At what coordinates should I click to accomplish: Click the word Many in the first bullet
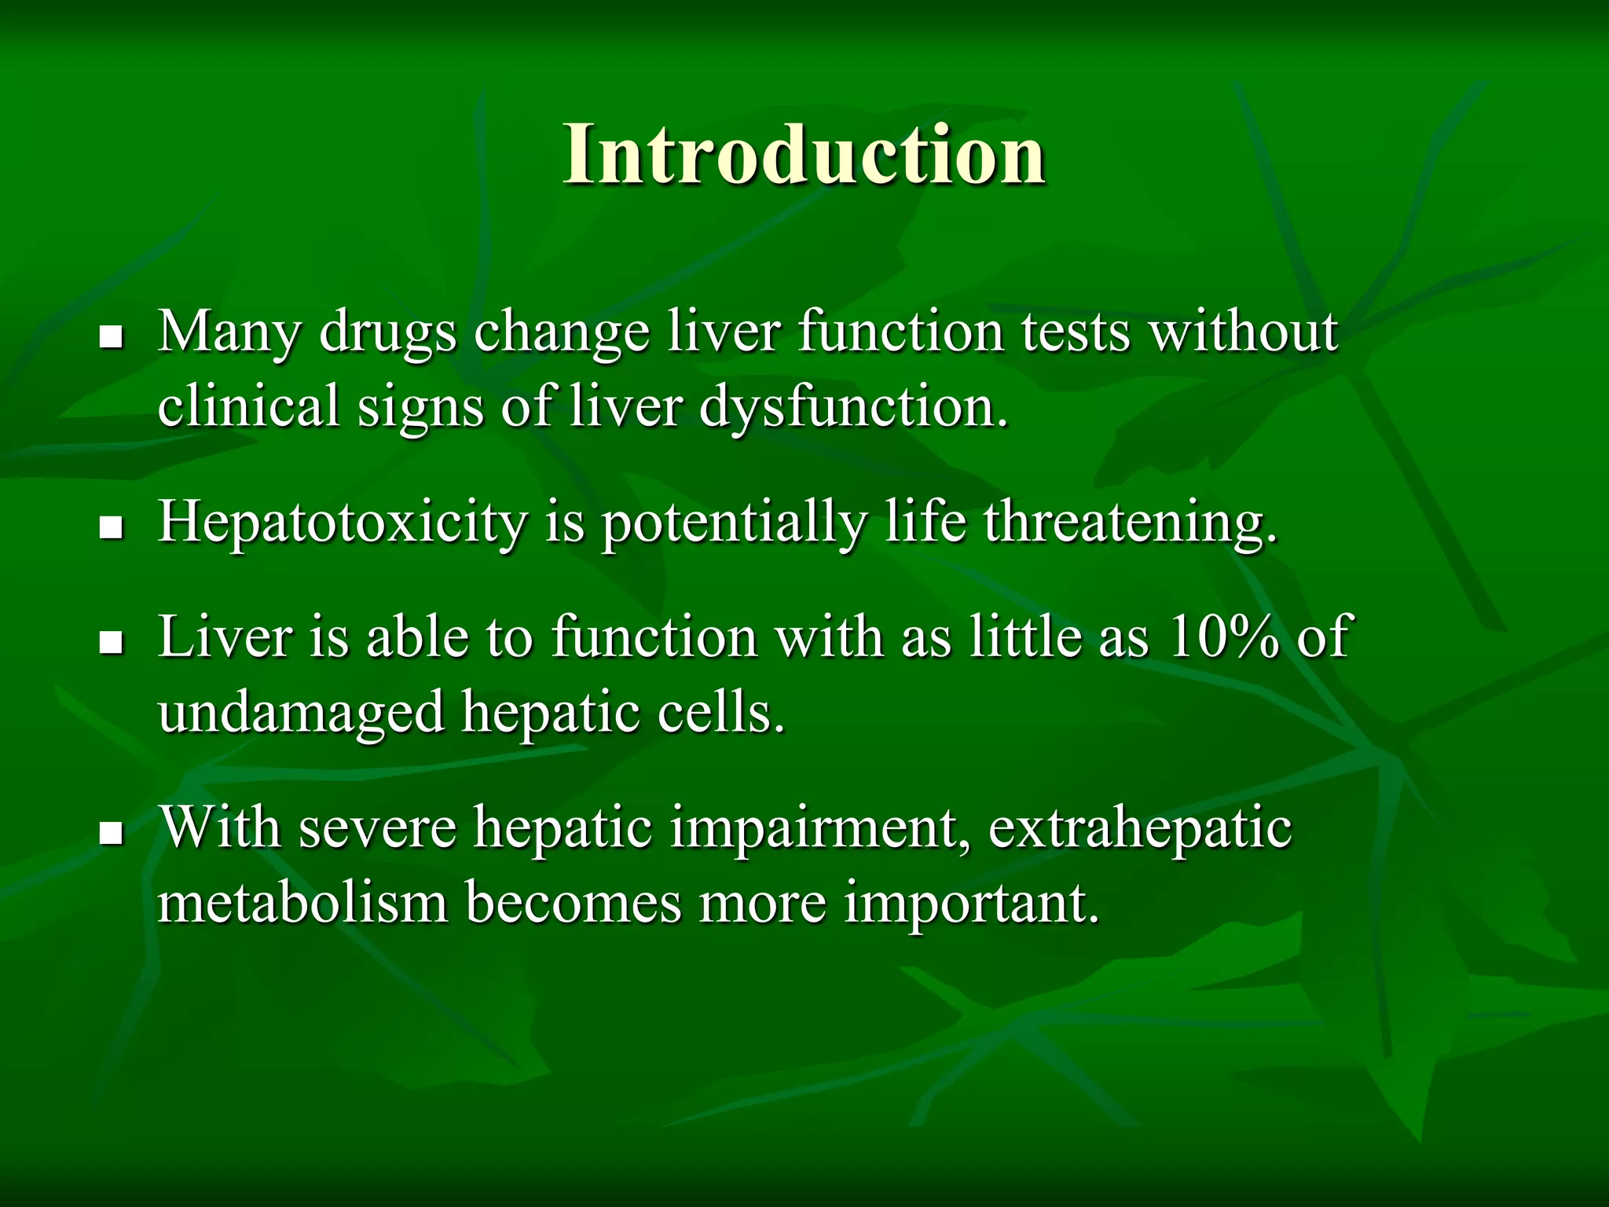[229, 332]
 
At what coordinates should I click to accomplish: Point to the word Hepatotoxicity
[342, 523]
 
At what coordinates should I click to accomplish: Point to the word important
[971, 904]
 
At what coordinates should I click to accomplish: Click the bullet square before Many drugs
[112, 338]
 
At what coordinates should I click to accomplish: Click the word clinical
[248, 406]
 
